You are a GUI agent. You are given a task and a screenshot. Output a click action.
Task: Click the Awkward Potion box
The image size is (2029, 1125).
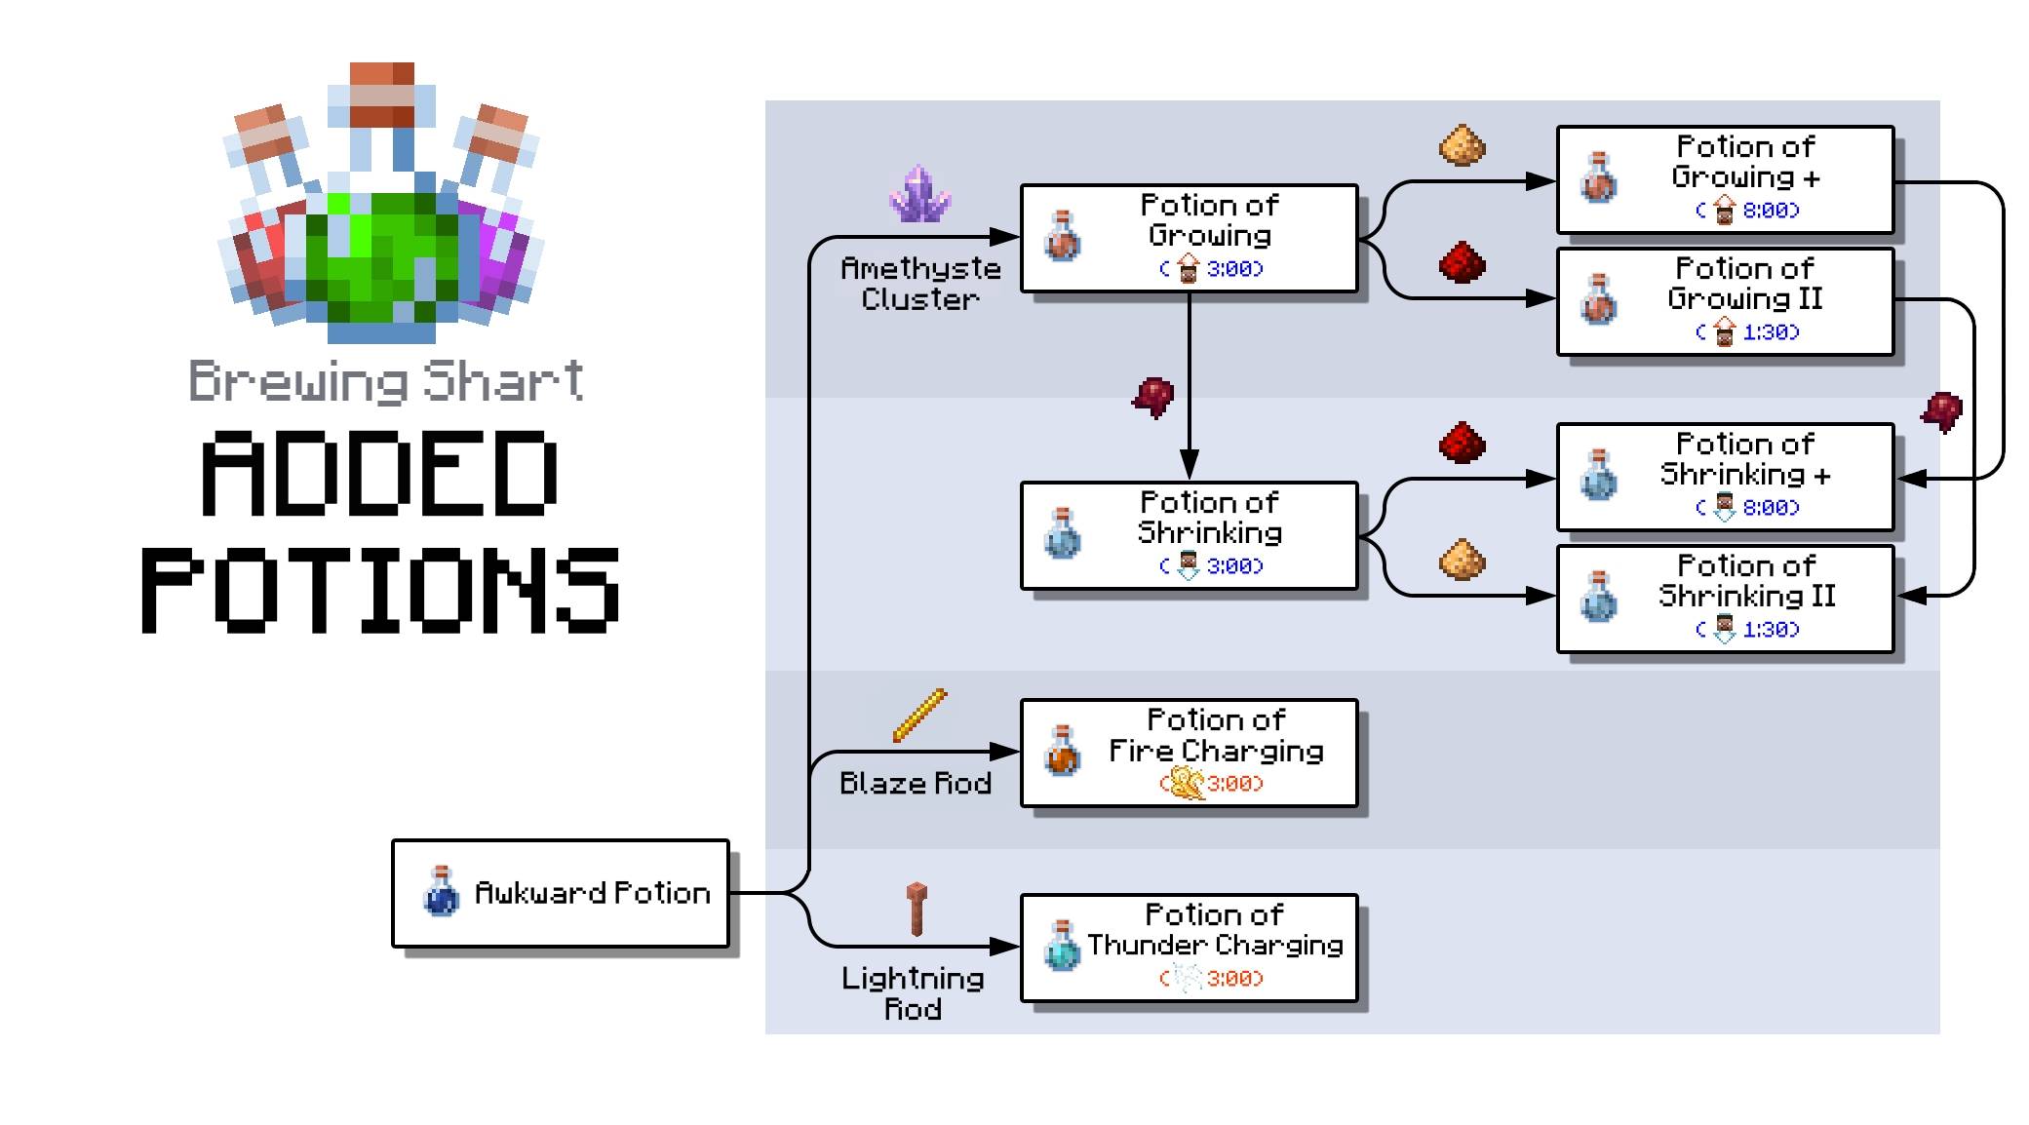(x=560, y=893)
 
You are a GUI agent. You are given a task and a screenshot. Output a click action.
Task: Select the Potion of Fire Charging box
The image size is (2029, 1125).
(x=1189, y=753)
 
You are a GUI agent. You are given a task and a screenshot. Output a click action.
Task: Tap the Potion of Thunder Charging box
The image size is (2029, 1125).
(x=1189, y=948)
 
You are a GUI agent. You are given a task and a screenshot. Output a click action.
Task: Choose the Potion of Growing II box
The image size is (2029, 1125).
(x=1725, y=301)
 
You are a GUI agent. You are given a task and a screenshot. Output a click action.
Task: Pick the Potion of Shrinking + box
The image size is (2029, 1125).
(x=1725, y=477)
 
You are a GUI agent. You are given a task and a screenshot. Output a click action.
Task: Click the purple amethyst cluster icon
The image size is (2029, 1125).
(x=918, y=194)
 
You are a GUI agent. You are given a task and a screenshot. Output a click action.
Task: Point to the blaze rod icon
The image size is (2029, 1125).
(x=918, y=716)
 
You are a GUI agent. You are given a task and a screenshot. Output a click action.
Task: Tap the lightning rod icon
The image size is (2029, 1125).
(x=917, y=909)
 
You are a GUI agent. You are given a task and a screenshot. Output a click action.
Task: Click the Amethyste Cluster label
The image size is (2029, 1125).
(x=920, y=284)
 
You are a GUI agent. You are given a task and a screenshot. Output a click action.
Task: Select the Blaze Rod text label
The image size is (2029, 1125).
(x=915, y=783)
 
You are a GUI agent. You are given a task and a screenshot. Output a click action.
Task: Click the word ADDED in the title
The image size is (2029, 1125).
(x=379, y=475)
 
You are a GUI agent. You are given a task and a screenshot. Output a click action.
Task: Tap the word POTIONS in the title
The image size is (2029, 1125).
(x=380, y=589)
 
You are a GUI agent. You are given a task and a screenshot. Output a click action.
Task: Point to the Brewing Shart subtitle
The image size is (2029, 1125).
(x=386, y=381)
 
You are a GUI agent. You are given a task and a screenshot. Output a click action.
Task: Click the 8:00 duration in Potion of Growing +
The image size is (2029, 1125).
(x=1769, y=211)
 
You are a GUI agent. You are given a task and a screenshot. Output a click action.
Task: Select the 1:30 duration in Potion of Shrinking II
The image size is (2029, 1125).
(x=1769, y=630)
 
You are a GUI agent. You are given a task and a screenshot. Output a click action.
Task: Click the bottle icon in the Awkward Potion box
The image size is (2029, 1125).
(x=441, y=891)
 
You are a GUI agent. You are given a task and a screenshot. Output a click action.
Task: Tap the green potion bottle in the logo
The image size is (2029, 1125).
(x=381, y=253)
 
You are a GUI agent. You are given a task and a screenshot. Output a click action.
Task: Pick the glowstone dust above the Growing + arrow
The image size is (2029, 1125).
(x=1463, y=146)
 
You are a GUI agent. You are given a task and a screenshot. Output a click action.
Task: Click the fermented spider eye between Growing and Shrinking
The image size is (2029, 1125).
(x=1153, y=397)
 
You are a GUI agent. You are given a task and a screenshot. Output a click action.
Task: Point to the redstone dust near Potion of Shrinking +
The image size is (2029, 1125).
(x=1463, y=444)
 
